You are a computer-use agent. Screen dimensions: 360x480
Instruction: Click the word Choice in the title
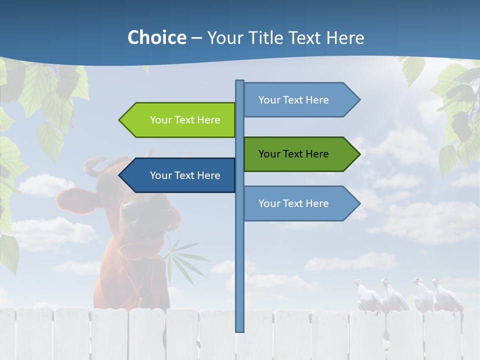(156, 37)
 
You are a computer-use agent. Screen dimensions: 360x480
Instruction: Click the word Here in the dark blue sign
(208, 175)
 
